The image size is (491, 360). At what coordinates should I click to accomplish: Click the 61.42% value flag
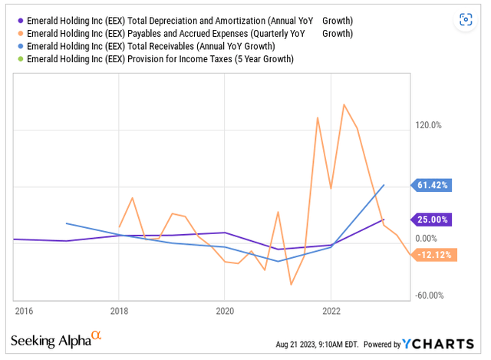pyautogui.click(x=435, y=184)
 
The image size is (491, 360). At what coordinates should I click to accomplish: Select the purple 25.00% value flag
pyautogui.click(x=435, y=220)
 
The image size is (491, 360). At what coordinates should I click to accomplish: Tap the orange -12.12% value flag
pyautogui.click(x=436, y=255)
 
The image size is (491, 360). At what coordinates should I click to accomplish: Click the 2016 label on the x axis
pyautogui.click(x=23, y=310)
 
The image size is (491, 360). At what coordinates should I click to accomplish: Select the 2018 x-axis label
pyautogui.click(x=119, y=310)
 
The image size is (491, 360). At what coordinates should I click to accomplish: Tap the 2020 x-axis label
pyautogui.click(x=225, y=310)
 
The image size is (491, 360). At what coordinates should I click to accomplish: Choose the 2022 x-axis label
pyautogui.click(x=331, y=310)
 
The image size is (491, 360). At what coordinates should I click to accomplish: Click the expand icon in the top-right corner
pyautogui.click(x=465, y=20)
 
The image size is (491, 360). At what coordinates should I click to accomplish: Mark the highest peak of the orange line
pyautogui.click(x=343, y=104)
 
